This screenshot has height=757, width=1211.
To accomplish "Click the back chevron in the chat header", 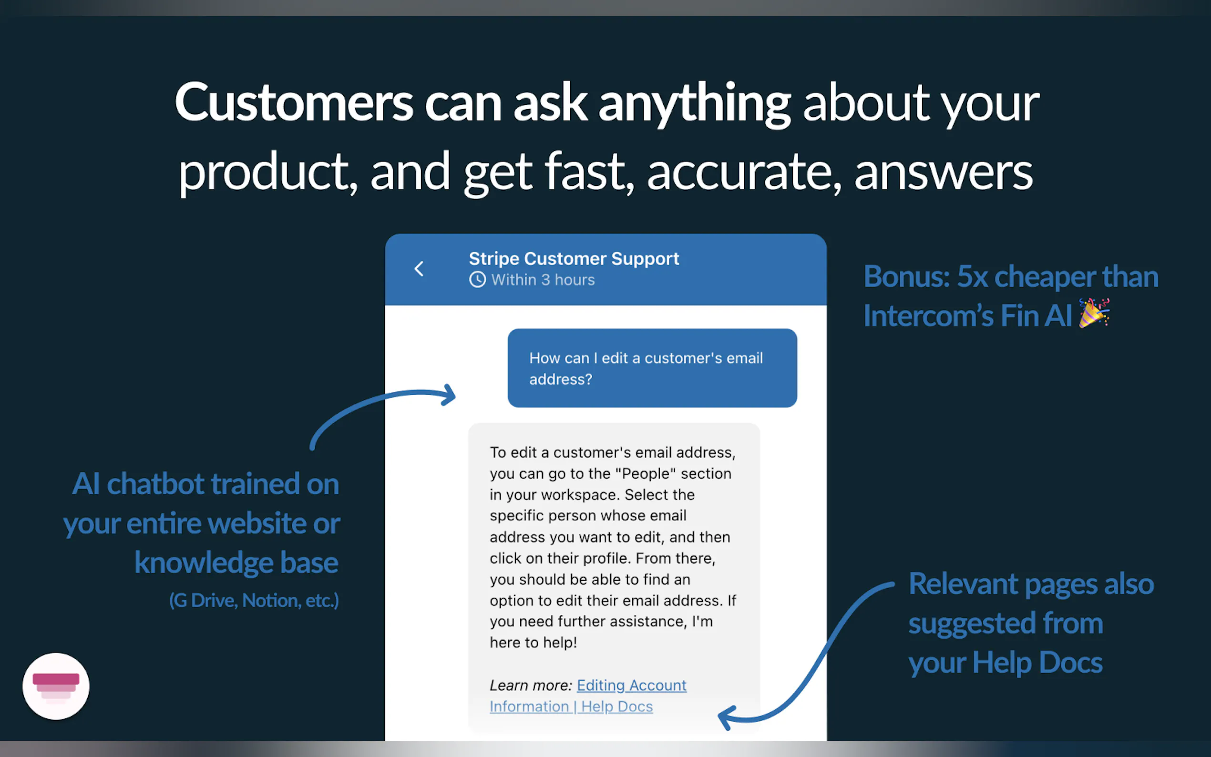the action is tap(419, 269).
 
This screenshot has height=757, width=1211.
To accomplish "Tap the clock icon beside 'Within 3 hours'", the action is tap(478, 279).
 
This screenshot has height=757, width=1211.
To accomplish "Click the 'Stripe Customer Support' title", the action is tap(574, 258).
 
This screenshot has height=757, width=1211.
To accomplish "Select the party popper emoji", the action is tap(1094, 313).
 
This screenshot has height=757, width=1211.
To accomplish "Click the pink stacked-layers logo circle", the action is tap(56, 686).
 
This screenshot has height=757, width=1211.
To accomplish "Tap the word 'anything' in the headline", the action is tap(694, 104).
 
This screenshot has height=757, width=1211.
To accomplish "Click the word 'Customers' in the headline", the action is tap(294, 102).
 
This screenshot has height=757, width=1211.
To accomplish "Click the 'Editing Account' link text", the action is tap(631, 685).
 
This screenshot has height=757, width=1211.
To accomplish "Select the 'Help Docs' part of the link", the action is tap(617, 706).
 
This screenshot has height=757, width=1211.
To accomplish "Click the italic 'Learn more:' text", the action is tap(531, 685).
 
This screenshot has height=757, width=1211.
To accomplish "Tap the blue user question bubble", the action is tap(652, 368).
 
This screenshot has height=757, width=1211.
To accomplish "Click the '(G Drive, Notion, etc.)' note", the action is tap(254, 600).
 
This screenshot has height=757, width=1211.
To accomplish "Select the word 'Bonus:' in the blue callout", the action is tap(907, 276).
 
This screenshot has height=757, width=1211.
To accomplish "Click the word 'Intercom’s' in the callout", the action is tap(928, 316).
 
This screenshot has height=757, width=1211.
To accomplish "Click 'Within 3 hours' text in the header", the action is tap(543, 279).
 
